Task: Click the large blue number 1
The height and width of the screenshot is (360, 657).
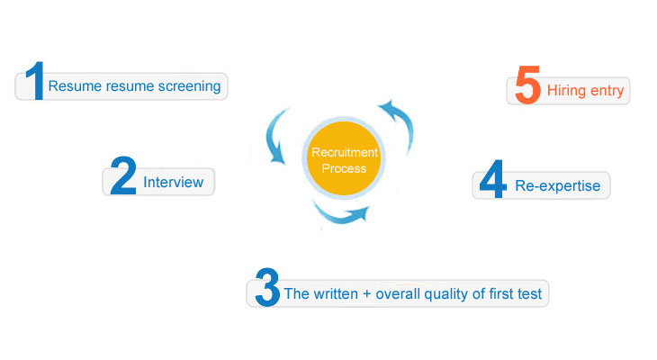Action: [34, 81]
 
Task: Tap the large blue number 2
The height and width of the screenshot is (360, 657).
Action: [121, 175]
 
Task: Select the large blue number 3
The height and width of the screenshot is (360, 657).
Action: [267, 287]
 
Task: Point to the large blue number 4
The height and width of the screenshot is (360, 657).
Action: [492, 180]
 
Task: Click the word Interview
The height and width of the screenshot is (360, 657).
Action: [173, 183]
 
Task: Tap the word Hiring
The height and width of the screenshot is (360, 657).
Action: [567, 91]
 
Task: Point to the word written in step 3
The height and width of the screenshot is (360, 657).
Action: [337, 293]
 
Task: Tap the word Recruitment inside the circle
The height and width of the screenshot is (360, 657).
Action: [345, 153]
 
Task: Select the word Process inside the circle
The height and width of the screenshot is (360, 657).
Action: [345, 168]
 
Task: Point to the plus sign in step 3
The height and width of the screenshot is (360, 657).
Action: [368, 293]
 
